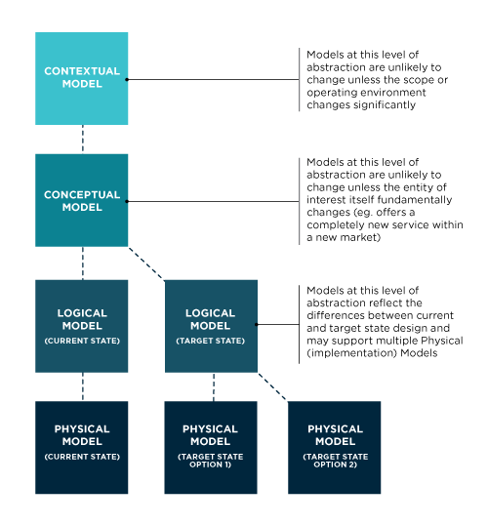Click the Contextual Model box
click(82, 78)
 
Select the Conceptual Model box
click(82, 200)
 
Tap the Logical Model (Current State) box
click(82, 326)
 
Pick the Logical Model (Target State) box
click(211, 326)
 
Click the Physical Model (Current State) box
click(82, 448)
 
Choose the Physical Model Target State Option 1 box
click(211, 448)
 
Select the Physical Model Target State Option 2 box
click(335, 448)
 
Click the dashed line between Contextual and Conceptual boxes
click(83, 140)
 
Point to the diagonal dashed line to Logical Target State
click(146, 263)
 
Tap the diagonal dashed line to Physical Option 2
click(272, 386)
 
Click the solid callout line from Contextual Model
click(213, 79)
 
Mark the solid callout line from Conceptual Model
click(213, 201)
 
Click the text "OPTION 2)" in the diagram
click(335, 465)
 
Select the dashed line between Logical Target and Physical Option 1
click(214, 386)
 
